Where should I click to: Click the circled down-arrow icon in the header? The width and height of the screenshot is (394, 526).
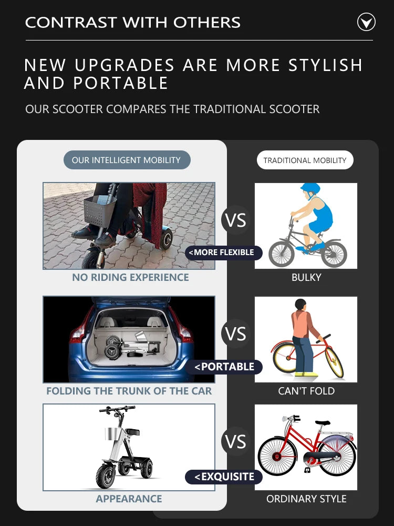pyautogui.click(x=366, y=22)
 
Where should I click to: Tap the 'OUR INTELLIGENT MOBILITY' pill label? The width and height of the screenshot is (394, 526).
pyautogui.click(x=127, y=160)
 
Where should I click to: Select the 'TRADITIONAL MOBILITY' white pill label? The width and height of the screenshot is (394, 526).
pyautogui.click(x=305, y=160)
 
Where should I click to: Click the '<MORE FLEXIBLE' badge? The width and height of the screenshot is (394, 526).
pyautogui.click(x=223, y=252)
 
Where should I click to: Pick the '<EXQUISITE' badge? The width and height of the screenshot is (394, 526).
pyautogui.click(x=223, y=477)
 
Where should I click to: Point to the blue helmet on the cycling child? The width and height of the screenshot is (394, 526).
pyautogui.click(x=310, y=189)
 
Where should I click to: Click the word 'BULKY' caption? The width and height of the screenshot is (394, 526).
pyautogui.click(x=306, y=277)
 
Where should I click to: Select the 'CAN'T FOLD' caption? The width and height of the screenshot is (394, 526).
pyautogui.click(x=306, y=391)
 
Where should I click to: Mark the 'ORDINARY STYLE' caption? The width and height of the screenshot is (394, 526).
pyautogui.click(x=306, y=499)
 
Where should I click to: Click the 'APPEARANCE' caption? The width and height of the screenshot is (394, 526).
pyautogui.click(x=129, y=499)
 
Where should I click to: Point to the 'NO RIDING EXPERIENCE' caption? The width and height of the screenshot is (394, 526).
pyautogui.click(x=130, y=277)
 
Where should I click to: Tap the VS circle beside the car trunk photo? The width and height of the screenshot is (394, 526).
pyautogui.click(x=235, y=333)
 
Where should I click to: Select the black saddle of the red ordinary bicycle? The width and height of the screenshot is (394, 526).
pyautogui.click(x=323, y=423)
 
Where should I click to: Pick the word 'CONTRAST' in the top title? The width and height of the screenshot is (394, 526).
pyautogui.click(x=70, y=23)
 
